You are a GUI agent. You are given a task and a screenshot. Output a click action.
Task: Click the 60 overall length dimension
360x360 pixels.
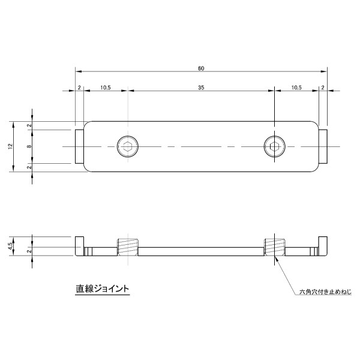(x=200, y=68)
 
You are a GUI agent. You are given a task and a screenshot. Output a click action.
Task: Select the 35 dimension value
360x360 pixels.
(x=201, y=88)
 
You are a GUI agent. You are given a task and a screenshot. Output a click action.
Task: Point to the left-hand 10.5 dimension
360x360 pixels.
(x=105, y=88)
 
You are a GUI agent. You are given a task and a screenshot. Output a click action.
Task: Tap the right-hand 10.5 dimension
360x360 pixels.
(x=296, y=88)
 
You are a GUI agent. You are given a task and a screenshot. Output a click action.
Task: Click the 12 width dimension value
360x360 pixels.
(x=10, y=146)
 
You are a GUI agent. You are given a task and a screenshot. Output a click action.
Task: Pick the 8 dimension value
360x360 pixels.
(x=29, y=146)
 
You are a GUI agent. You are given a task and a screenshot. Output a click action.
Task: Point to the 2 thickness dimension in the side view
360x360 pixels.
(x=29, y=251)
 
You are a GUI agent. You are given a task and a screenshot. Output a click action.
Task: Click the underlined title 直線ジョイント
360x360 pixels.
(x=103, y=289)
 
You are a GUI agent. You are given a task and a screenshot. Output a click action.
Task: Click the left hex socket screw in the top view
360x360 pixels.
(x=127, y=146)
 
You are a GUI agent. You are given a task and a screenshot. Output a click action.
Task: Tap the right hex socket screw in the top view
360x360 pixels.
(x=274, y=146)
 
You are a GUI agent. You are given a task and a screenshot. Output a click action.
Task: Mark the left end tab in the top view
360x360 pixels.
(x=79, y=146)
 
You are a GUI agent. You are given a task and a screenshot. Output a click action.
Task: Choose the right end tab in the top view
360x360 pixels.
(x=323, y=146)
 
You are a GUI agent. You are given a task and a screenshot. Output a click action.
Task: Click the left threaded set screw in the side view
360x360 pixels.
(x=127, y=247)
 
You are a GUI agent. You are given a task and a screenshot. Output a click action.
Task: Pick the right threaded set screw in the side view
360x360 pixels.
(x=274, y=247)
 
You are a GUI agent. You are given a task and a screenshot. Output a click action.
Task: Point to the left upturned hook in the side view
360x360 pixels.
(x=79, y=245)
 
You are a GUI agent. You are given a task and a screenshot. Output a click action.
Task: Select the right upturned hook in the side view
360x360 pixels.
(x=323, y=245)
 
